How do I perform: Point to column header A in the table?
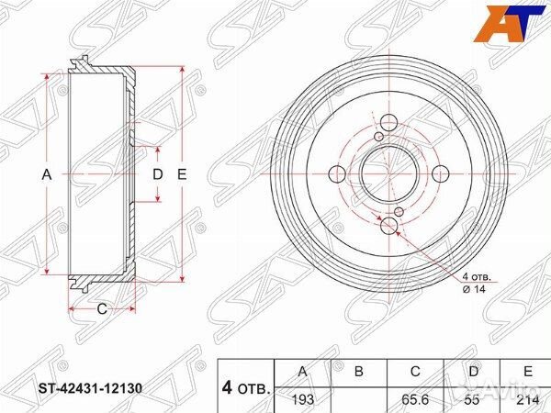303,371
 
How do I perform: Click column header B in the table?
359,371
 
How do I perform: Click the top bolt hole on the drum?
388,121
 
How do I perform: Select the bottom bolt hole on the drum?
388,226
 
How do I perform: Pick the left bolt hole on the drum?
335,173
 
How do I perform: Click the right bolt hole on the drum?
440,173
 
